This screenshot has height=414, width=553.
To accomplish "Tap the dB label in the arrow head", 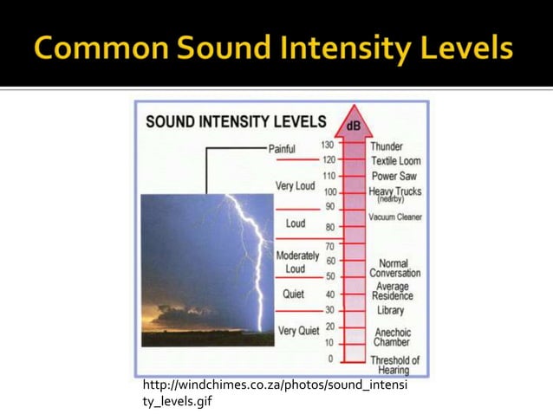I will (354, 126).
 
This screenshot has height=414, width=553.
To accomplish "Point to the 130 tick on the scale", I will (328, 146).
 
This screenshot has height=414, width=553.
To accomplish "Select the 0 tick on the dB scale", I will (329, 359).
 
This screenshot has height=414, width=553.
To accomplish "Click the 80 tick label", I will (329, 228).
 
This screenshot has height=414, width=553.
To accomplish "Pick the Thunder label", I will (386, 146).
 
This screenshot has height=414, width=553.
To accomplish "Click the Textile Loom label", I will (395, 161).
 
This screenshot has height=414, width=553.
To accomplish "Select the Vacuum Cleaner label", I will (394, 217).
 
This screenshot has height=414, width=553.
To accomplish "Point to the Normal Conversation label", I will (394, 268).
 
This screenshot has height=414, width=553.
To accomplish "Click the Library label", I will (390, 310).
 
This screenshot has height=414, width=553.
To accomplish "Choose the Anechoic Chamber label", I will (392, 337).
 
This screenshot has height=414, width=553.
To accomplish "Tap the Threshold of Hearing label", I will (394, 365).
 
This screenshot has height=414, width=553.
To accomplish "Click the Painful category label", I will (282, 149).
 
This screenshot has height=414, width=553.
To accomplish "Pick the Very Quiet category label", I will (298, 331).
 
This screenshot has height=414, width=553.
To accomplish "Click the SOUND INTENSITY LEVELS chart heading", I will (236, 121).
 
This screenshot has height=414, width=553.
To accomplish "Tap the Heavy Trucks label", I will (394, 193).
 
